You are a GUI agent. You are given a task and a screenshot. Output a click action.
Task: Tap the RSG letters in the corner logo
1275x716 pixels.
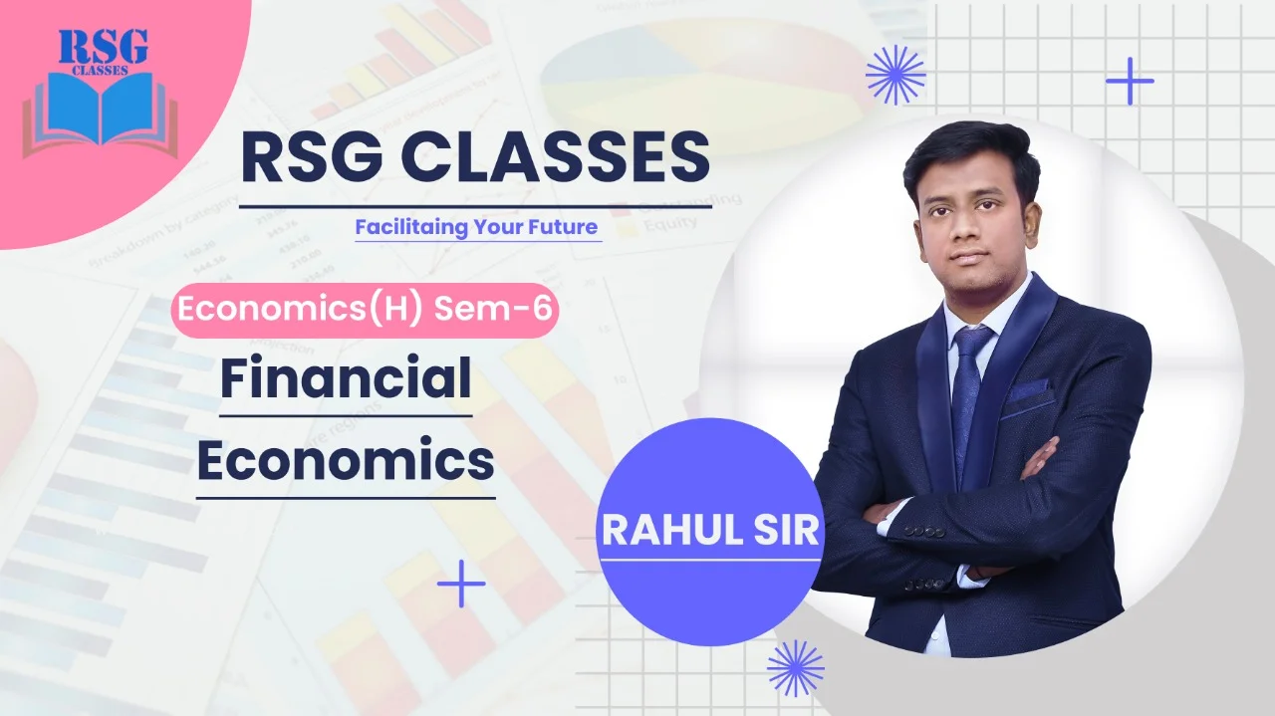tap(103, 47)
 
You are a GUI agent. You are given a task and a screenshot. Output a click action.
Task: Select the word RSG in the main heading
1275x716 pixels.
tap(312, 156)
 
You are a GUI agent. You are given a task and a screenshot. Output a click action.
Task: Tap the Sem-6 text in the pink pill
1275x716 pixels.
tap(493, 309)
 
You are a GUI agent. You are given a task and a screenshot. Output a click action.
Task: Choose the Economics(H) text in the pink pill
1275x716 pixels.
tap(300, 310)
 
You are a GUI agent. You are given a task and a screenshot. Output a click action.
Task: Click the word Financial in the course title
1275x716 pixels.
tap(346, 377)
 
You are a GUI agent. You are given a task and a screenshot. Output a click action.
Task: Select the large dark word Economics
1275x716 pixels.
tap(346, 460)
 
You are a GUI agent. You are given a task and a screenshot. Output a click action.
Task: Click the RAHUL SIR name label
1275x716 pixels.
tap(710, 531)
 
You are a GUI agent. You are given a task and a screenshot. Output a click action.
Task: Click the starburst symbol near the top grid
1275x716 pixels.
tap(895, 75)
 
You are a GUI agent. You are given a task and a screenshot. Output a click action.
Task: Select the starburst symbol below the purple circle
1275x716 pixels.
tap(795, 668)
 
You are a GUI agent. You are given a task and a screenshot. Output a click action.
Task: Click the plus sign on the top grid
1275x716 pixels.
tap(1130, 81)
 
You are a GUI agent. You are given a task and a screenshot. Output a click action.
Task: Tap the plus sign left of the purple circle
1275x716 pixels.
tap(461, 584)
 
